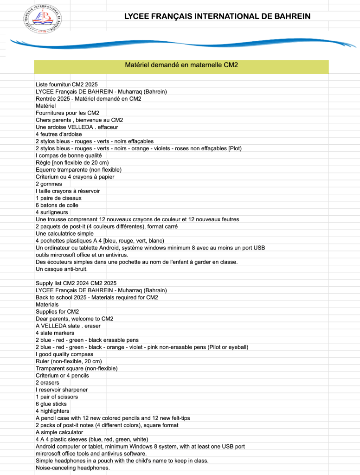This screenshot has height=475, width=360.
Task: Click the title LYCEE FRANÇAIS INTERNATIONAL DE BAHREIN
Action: pyautogui.click(x=217, y=17)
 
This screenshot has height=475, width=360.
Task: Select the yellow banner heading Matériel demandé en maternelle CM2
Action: pyautogui.click(x=181, y=65)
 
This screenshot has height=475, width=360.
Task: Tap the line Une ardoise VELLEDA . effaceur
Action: pyautogui.click(x=77, y=127)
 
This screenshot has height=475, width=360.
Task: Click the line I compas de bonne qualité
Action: pyautogui.click(x=68, y=155)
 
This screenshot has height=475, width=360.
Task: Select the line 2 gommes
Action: pyautogui.click(x=49, y=184)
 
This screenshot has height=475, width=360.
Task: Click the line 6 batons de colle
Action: pyautogui.click(x=57, y=205)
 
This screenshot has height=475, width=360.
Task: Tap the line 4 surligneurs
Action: pyautogui.click(x=51, y=212)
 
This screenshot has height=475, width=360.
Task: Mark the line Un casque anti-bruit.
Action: pyautogui.click(x=61, y=269)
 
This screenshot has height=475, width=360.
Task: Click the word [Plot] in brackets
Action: pyautogui.click(x=235, y=148)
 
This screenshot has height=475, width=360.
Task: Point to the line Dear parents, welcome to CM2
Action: pyautogui.click(x=74, y=319)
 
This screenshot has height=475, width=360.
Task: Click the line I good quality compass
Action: pyautogui.click(x=64, y=354)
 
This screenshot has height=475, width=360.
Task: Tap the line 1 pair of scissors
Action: pyautogui.click(x=57, y=397)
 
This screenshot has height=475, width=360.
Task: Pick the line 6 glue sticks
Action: pyautogui.click(x=51, y=404)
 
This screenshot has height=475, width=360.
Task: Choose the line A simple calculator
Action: pyautogui.click(x=59, y=432)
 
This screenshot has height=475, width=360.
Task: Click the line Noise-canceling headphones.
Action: pyautogui.click(x=72, y=468)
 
